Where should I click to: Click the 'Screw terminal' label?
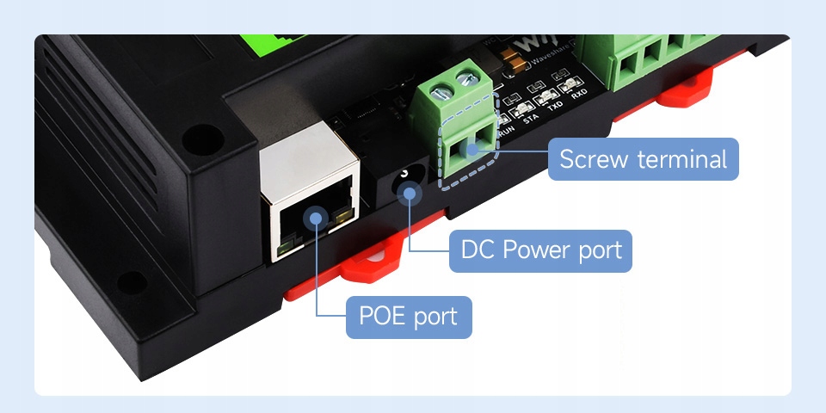tap(643, 159)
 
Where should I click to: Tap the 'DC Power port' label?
tap(540, 250)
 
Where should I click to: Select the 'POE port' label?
tap(408, 316)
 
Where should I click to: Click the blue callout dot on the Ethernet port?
tap(316, 216)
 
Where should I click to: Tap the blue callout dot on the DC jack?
tap(410, 194)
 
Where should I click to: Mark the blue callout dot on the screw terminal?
tap(471, 149)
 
